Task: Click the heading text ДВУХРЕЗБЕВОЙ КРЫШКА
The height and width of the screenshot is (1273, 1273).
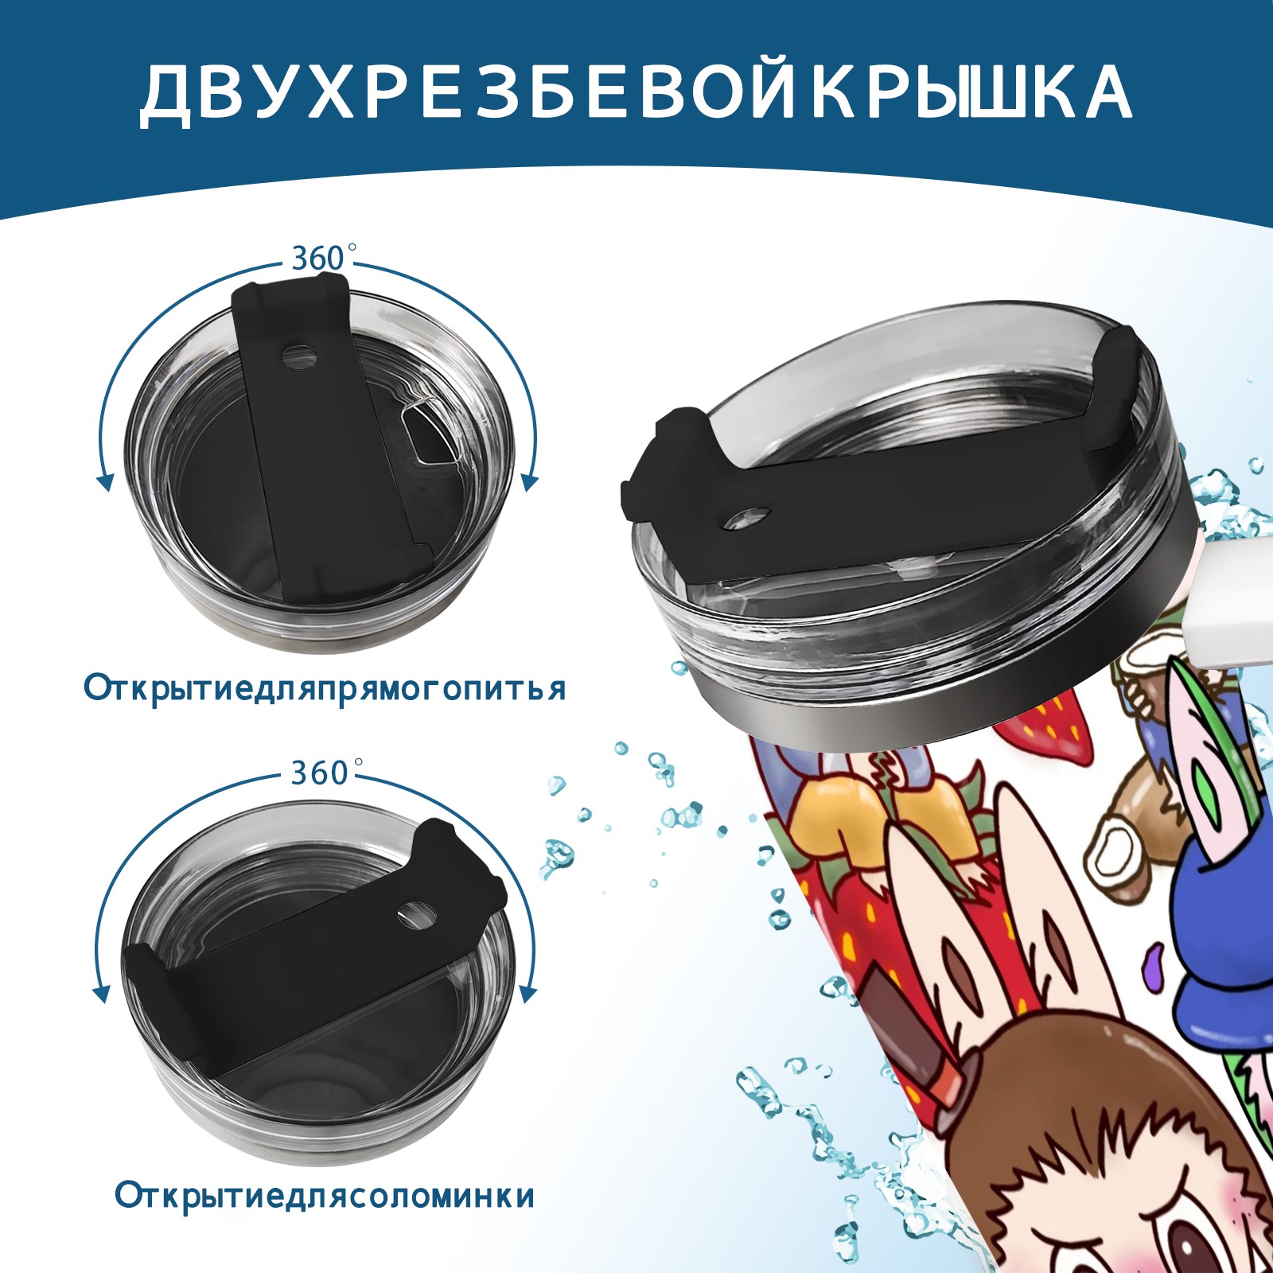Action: tap(636, 94)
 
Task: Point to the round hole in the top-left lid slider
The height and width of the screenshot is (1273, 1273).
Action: tap(300, 355)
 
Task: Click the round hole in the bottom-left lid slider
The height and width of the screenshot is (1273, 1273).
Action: tap(412, 913)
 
